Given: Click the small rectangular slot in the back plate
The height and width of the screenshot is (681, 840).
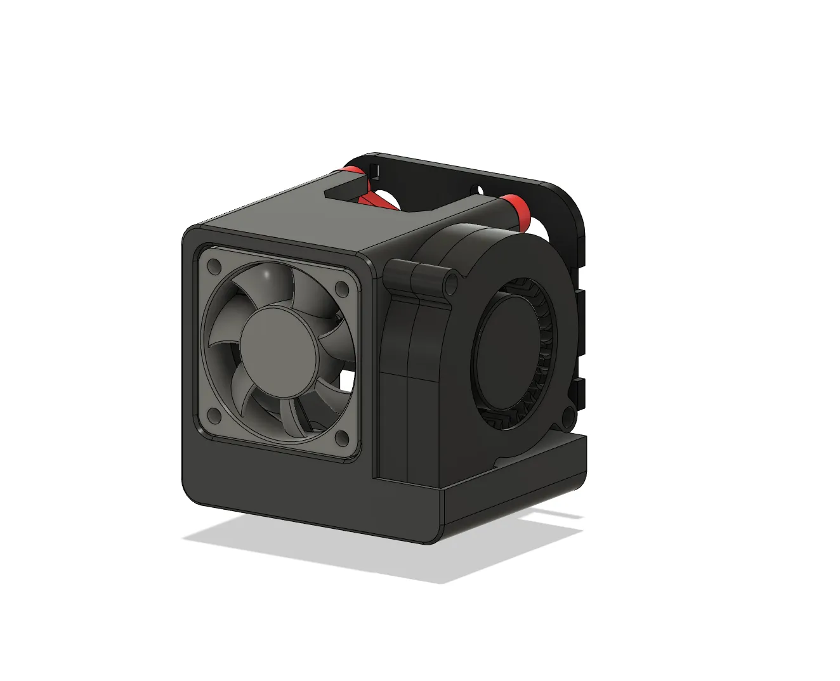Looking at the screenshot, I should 373,171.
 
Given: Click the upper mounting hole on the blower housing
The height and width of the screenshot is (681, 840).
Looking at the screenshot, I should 452,279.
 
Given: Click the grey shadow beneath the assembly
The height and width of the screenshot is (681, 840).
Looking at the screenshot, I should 381,552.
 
